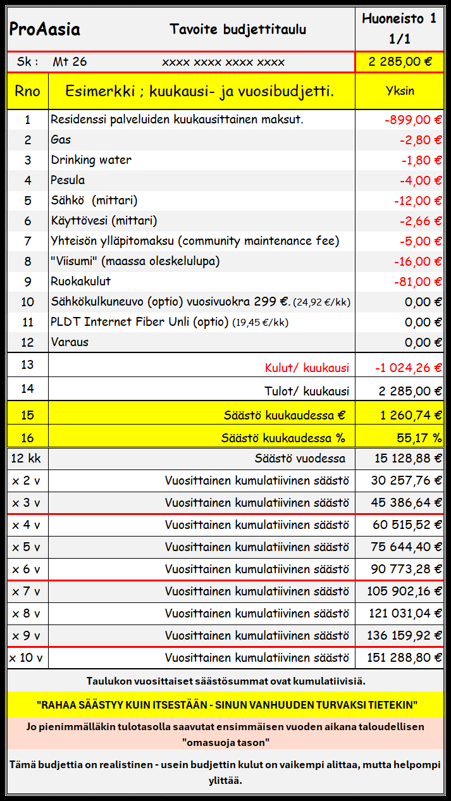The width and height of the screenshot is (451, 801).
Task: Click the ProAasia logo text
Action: [x=44, y=29]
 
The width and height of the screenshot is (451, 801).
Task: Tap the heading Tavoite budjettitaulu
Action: [x=238, y=29]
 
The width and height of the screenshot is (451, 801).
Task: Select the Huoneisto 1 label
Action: [x=399, y=19]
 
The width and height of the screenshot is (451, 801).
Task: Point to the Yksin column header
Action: [x=400, y=90]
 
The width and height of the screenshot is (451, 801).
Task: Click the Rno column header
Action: [x=27, y=91]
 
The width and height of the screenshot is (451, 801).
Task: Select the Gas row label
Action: [x=61, y=140]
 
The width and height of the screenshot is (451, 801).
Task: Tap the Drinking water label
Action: [x=91, y=160]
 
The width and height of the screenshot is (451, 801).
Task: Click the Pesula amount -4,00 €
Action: [x=421, y=180]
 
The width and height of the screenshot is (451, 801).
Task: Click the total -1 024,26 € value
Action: [x=408, y=368]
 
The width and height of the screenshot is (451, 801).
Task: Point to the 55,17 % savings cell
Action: [x=416, y=437]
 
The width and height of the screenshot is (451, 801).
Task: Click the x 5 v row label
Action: [x=26, y=547]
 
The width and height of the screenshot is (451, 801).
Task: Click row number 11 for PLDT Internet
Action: [x=27, y=322]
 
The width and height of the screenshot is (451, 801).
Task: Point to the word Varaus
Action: [x=70, y=342]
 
